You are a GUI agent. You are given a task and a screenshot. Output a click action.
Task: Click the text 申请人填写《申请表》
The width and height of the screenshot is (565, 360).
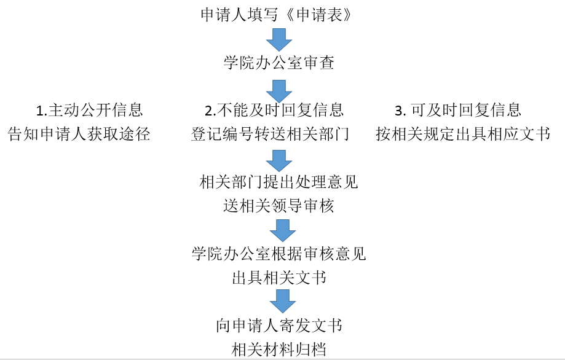[x=277, y=15]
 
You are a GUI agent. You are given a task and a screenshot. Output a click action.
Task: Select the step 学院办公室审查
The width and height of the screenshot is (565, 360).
[x=279, y=62]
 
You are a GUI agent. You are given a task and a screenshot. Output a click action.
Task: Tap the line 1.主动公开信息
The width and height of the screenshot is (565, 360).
[x=89, y=110]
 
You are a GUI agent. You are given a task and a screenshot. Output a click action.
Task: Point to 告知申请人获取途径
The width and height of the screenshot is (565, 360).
[x=79, y=134]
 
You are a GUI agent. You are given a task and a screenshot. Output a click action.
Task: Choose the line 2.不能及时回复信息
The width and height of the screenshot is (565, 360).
[x=274, y=110]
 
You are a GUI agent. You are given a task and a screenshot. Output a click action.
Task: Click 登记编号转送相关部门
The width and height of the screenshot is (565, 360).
[x=271, y=134]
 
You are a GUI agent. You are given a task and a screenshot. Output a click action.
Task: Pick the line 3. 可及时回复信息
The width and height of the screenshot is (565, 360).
[x=458, y=110]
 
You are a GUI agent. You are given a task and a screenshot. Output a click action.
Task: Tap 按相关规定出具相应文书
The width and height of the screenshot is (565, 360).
[x=463, y=134]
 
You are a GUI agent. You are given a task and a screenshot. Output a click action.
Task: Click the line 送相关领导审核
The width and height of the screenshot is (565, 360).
[x=279, y=206]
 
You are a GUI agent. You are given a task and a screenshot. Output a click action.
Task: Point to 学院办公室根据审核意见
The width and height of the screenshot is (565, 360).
[x=279, y=254]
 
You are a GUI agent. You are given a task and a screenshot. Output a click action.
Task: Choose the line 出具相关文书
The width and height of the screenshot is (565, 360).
[x=279, y=278]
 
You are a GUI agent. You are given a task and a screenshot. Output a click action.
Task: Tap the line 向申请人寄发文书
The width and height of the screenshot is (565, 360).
[x=279, y=326]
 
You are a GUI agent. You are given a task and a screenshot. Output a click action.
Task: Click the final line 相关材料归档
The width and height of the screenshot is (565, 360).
[x=279, y=349]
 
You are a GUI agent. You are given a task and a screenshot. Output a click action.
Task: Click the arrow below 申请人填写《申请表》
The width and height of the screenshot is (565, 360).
[x=279, y=39]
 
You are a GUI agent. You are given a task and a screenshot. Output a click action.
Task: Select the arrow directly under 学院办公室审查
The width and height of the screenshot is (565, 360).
[x=279, y=92]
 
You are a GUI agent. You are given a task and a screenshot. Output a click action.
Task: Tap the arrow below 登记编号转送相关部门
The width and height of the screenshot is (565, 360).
[x=279, y=160]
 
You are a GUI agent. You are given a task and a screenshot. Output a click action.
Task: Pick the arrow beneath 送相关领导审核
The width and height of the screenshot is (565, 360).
[x=283, y=230]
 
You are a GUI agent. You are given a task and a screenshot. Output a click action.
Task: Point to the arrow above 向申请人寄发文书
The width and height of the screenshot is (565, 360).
[x=283, y=301]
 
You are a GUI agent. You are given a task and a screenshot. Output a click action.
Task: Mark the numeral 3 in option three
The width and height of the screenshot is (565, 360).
[x=398, y=111]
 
